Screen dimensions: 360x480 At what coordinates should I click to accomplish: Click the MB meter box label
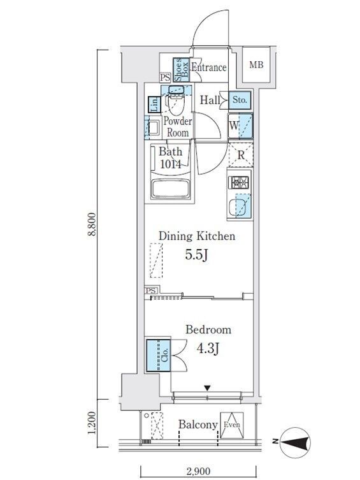(256, 65)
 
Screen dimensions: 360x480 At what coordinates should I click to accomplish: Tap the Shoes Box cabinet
(181, 69)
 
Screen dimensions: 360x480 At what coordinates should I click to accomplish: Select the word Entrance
(209, 68)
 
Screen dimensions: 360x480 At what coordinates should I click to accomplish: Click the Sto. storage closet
(240, 100)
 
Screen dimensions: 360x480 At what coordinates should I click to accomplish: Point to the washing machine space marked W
(240, 126)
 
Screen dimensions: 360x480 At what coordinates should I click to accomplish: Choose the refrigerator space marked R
(241, 155)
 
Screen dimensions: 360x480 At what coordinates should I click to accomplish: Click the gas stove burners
(238, 183)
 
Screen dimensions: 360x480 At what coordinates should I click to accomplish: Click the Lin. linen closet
(154, 105)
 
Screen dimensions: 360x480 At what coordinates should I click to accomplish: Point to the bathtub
(171, 189)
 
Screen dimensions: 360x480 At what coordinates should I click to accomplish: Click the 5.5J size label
(197, 255)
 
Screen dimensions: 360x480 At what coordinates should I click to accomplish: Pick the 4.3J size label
(208, 349)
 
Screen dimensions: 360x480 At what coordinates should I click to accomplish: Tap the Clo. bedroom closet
(159, 356)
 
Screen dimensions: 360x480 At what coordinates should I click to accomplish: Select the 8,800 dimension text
(92, 224)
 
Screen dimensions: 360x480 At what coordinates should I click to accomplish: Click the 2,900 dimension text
(198, 471)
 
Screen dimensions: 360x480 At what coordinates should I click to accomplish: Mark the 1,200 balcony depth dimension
(92, 423)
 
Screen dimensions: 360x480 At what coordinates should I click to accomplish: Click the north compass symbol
(294, 442)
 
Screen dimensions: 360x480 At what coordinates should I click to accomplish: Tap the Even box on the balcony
(232, 425)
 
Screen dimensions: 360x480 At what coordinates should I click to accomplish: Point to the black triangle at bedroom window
(207, 388)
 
